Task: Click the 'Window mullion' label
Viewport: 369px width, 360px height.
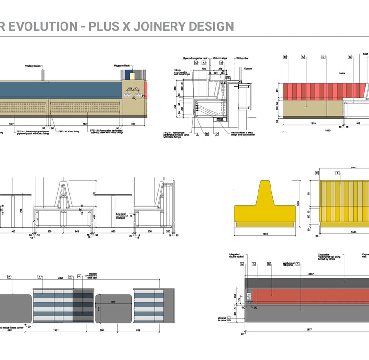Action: pos(34,66)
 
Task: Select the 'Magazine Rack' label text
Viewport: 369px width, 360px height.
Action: pos(122,65)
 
